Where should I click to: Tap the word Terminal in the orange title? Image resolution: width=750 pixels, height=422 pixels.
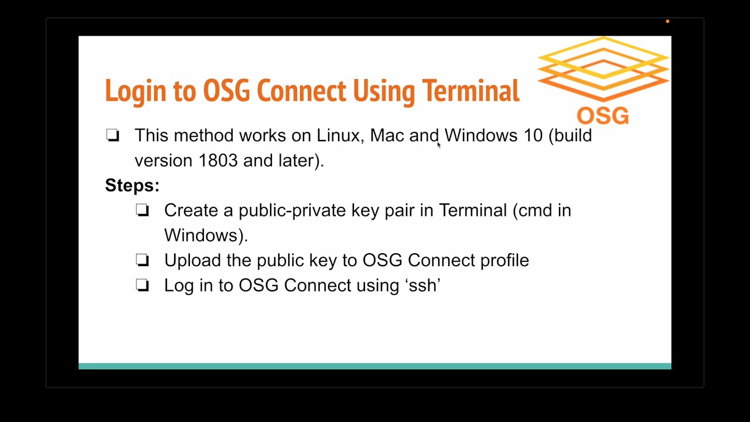point(471,91)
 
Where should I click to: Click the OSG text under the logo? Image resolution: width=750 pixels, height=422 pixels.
point(602,115)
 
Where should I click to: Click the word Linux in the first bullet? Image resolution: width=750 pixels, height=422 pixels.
point(337,135)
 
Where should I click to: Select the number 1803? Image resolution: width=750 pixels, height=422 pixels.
point(218,161)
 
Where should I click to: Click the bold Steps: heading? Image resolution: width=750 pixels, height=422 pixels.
point(132,186)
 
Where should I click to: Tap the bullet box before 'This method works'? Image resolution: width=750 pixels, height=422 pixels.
point(113,136)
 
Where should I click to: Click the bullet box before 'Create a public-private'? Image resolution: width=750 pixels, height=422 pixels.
point(142,210)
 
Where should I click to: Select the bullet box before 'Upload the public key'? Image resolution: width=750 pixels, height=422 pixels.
point(142,260)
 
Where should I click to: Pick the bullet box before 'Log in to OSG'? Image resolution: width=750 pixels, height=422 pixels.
point(142,285)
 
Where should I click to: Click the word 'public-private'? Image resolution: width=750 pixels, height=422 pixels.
point(292,211)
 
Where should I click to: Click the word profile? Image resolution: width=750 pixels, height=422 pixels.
point(504,261)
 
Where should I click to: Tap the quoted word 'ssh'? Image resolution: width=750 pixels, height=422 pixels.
point(422,285)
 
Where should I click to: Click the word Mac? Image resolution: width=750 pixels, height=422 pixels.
point(387,135)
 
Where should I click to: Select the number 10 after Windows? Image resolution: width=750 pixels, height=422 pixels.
point(533,135)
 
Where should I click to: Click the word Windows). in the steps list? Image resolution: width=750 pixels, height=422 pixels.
point(206,236)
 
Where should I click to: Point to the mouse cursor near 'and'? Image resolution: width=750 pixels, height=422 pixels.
point(438,145)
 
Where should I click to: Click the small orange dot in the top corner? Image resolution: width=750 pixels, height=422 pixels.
point(667,22)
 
